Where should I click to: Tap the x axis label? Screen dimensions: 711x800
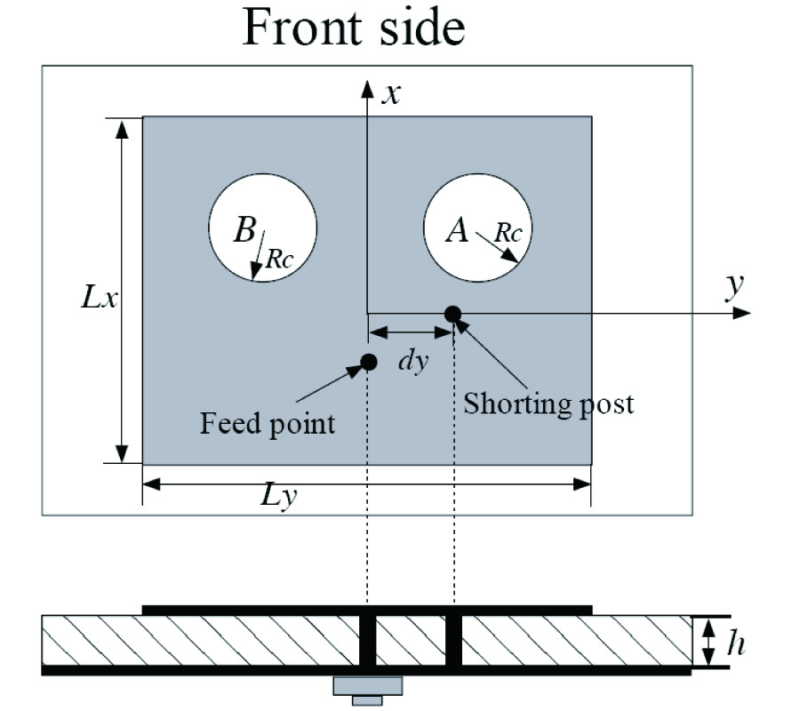388,94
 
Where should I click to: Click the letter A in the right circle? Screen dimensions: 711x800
456,231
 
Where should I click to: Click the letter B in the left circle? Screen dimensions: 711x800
244,231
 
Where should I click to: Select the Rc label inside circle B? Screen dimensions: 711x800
279,258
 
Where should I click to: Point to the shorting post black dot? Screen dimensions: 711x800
452,313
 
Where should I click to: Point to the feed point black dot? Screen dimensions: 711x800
368,361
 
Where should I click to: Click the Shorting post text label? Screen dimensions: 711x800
548,403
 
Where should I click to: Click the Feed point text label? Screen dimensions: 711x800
268,422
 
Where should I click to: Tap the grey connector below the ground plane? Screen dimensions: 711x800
367,687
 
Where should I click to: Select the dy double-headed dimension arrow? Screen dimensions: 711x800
411,333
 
